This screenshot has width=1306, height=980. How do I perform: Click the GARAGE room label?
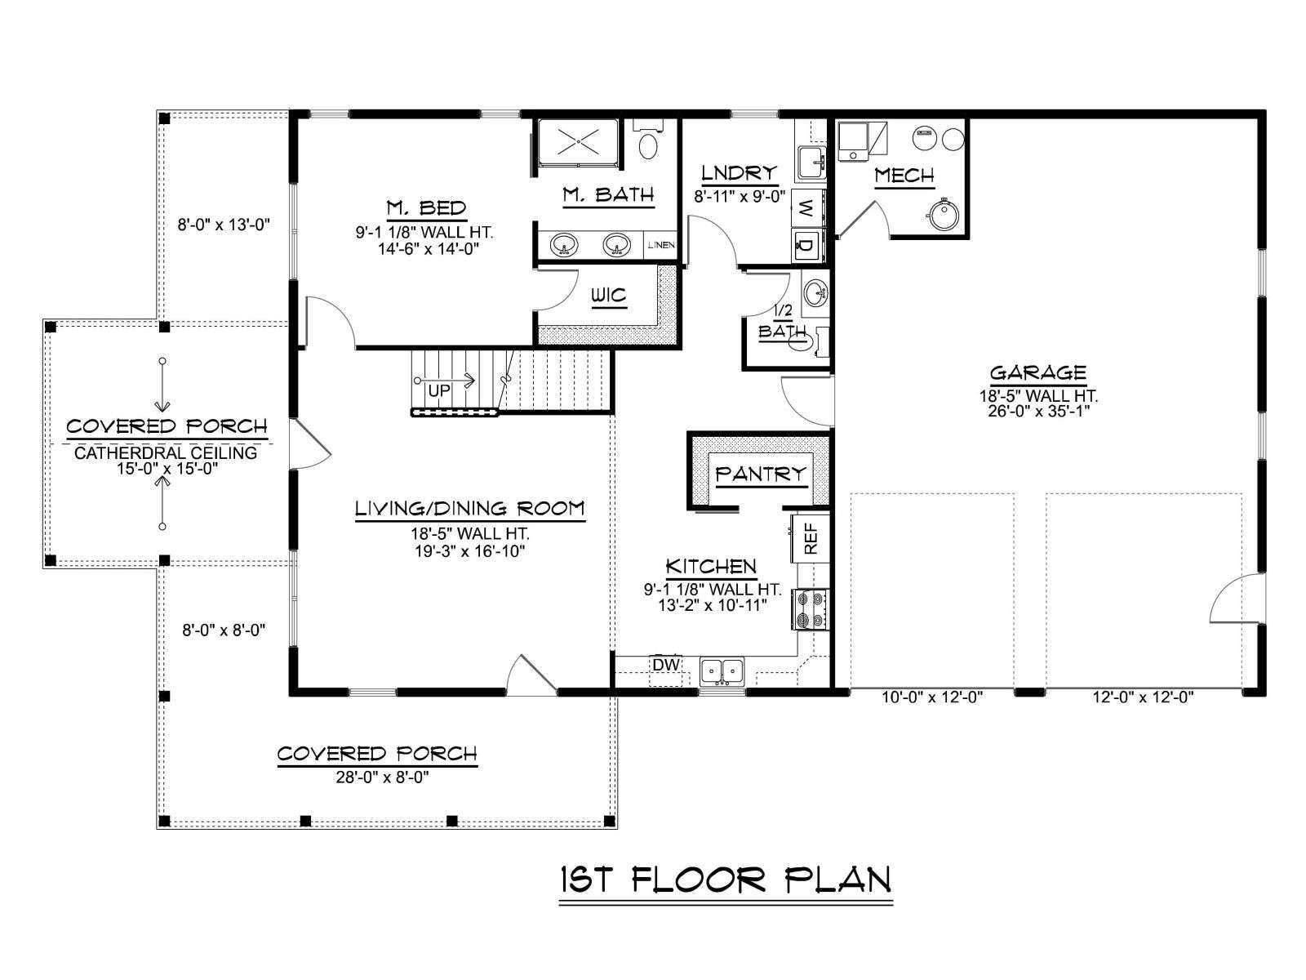(x=1037, y=372)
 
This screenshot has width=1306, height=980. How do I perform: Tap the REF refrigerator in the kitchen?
(x=809, y=538)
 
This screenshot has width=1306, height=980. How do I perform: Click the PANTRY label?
(x=761, y=474)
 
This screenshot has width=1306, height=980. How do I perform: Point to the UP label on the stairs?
(x=439, y=391)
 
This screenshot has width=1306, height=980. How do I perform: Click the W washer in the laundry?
(x=807, y=209)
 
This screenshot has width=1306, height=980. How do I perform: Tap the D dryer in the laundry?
(x=807, y=244)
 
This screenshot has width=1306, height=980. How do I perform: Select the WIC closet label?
(x=609, y=295)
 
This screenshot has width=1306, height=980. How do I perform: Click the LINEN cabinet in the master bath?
(x=660, y=244)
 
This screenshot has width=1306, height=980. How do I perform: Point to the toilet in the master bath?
(x=648, y=139)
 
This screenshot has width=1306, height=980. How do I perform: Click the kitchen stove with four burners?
(x=810, y=608)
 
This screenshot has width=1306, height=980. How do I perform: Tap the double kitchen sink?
(x=722, y=671)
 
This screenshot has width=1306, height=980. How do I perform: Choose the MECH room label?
(x=904, y=176)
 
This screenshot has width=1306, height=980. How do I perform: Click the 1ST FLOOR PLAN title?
(x=726, y=880)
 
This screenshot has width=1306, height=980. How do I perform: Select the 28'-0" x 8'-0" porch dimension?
(x=382, y=777)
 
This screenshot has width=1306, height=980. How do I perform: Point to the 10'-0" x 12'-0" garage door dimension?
(x=932, y=697)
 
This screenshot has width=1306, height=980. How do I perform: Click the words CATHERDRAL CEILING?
(x=166, y=452)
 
